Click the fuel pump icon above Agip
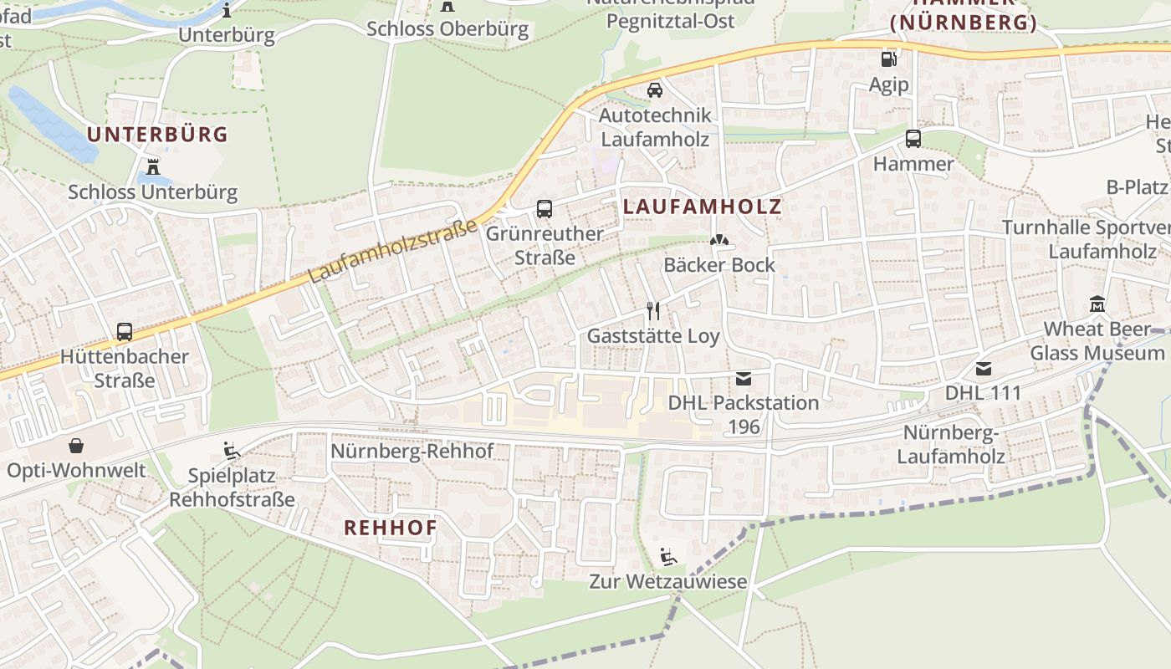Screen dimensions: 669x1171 pos(888,59)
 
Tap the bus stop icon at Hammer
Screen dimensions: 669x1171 pos(913,139)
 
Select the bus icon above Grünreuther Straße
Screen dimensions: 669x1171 pos(544,208)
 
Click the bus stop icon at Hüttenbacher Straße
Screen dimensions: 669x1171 pos(125,331)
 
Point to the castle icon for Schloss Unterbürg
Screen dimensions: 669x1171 pos(152,166)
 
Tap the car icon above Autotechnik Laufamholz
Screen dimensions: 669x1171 pos(655,89)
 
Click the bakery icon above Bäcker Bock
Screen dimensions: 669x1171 pos(718,240)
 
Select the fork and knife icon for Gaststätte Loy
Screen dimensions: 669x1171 pos(653,311)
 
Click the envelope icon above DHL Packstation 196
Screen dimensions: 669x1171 pos(743,378)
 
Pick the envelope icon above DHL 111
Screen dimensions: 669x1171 pos(983,368)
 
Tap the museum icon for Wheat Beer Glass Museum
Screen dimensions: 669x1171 pos(1097,304)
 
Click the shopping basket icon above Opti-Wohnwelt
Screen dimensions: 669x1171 pos(76,445)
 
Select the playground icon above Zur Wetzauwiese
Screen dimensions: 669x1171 pos(667,556)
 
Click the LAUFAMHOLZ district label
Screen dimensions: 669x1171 pos(703,207)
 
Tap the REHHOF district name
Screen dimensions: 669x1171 pos(391,528)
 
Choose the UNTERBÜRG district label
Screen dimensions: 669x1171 pos(157,134)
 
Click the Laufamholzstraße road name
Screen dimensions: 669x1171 pos(392,251)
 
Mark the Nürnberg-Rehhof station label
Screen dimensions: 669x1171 pos(412,451)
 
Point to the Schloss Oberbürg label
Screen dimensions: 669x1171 pos(447,28)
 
